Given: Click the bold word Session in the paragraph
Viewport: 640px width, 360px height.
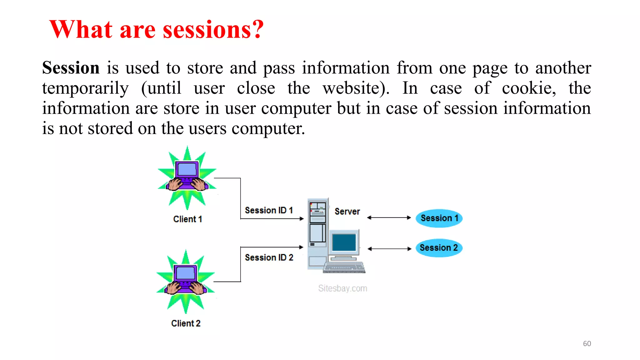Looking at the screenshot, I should point(71,68).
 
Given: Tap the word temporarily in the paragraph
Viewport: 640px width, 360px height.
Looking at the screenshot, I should point(85,88).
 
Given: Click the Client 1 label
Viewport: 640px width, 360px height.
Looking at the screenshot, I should point(187,219).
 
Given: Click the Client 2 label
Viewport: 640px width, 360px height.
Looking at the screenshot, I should point(186,323).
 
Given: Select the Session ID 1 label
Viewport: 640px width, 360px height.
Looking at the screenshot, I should point(269,210).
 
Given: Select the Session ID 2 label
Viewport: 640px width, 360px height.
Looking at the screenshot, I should point(269,257).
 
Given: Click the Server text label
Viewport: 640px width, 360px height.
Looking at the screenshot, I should point(347,212).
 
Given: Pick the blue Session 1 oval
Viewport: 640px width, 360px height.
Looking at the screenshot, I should point(439,218).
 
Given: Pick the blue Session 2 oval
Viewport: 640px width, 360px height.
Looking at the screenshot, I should point(439,248).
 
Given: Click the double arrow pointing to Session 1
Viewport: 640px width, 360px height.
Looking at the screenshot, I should point(389,217).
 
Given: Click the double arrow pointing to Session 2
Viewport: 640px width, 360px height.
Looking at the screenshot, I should point(389,249).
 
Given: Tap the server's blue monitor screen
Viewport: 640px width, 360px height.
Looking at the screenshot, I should point(344,242).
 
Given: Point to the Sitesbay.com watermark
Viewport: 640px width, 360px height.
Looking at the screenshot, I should point(342,288).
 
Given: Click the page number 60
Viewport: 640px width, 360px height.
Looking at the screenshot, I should point(587,343).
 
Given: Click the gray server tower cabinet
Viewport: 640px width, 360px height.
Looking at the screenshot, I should point(317,233).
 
